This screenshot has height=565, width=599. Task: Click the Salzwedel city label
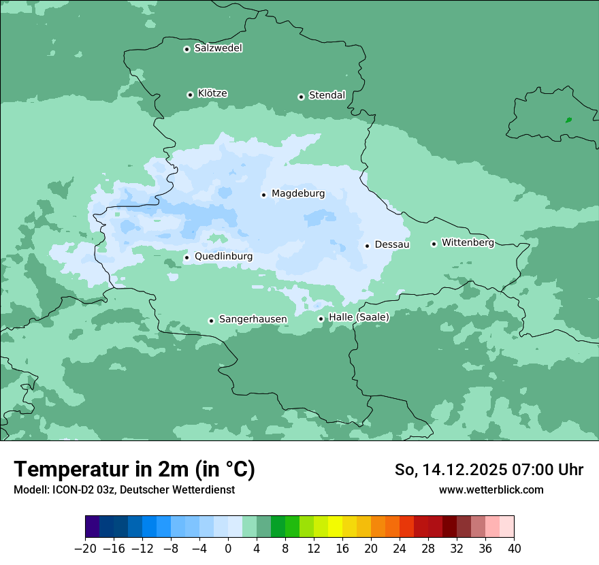[x=218, y=48]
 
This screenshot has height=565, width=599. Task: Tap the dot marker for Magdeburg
[x=263, y=195]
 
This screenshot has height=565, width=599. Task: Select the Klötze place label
[x=212, y=94]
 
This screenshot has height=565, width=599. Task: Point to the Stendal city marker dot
[x=301, y=97]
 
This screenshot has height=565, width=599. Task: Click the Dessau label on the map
[x=392, y=245]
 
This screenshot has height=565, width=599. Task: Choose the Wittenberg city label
[x=468, y=243]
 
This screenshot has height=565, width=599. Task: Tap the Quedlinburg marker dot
[x=187, y=257]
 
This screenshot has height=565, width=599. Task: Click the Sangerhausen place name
[x=253, y=320]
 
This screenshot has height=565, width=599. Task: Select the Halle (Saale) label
[x=359, y=318]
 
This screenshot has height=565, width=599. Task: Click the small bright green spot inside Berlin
[x=568, y=120]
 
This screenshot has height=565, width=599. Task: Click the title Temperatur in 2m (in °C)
[x=134, y=469]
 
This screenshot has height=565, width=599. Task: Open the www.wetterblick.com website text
[x=491, y=490]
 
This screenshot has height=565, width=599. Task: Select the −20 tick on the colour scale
[x=86, y=549]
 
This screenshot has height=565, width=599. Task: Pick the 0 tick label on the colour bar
[x=228, y=549]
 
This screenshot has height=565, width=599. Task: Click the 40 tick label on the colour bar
[x=514, y=549]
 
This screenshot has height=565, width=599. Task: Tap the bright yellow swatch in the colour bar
[x=335, y=527]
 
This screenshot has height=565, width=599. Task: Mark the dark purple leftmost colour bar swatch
[x=93, y=527]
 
